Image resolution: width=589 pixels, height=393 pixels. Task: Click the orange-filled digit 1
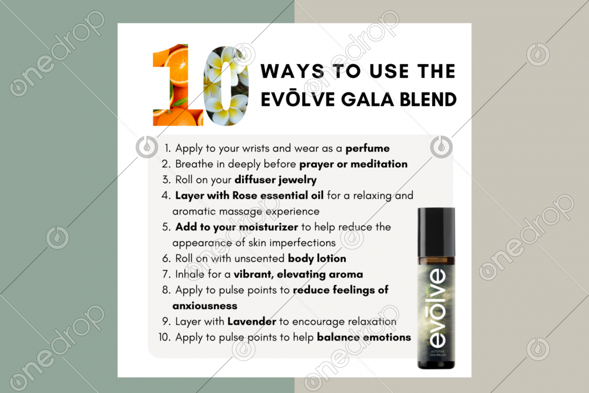pos(177,85)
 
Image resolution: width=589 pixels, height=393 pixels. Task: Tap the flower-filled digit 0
pos(226,85)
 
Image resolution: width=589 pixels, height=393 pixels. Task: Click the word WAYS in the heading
pos(293,71)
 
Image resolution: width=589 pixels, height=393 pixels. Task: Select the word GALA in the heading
pos(367,100)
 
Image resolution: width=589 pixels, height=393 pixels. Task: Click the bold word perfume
pos(368,149)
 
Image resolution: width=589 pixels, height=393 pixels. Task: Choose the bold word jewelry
pos(297,180)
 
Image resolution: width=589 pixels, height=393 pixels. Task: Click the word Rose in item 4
pos(244,196)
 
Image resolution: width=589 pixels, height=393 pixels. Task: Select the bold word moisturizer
pos(268,227)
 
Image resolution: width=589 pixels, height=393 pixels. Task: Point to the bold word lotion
pos(331,259)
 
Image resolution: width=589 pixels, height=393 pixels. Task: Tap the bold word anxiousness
pos(205,306)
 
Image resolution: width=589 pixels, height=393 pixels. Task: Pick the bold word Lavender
pos(252,322)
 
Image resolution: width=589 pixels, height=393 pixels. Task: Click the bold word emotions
pos(387,338)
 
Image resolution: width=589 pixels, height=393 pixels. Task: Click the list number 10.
pos(164,337)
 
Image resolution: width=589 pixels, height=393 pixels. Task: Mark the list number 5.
pos(166,227)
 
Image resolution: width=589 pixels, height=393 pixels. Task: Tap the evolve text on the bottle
pos(437,308)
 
